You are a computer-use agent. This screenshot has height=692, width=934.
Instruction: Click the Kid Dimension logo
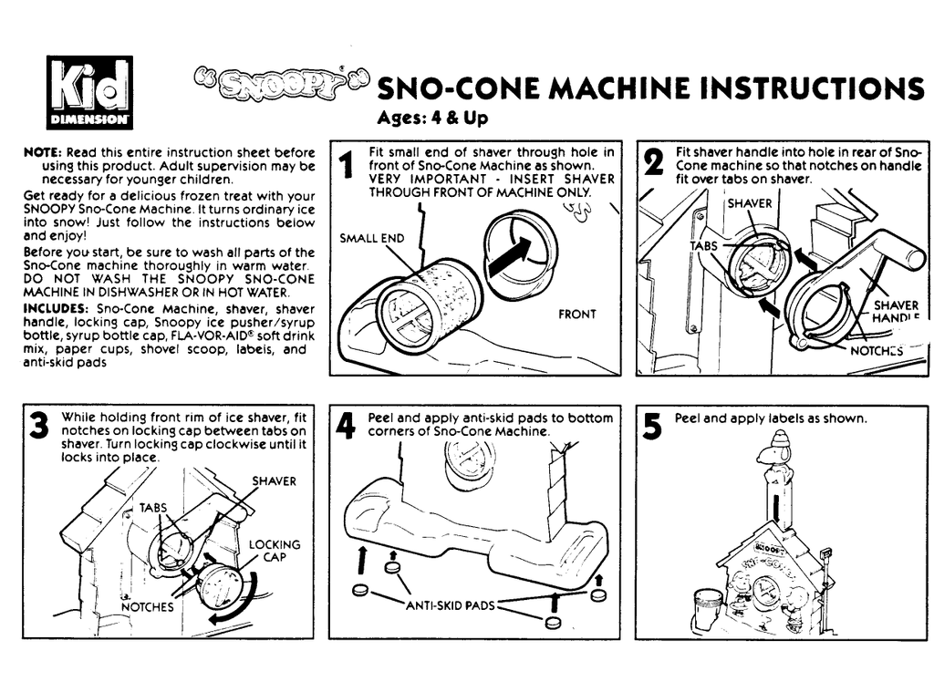89,92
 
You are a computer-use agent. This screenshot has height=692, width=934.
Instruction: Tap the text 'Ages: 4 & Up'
432,118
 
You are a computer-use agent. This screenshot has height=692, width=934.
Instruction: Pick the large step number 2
653,164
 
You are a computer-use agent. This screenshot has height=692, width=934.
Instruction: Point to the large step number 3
39,427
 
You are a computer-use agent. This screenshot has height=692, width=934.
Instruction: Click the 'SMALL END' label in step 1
372,239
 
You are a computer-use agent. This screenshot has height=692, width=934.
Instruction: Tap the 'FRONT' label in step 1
576,314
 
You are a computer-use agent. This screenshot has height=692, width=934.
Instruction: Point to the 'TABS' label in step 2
703,246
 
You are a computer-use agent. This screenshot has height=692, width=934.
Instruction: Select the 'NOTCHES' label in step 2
877,349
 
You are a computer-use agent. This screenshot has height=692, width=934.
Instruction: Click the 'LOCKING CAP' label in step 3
275,551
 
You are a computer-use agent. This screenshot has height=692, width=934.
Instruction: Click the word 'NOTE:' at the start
41,153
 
